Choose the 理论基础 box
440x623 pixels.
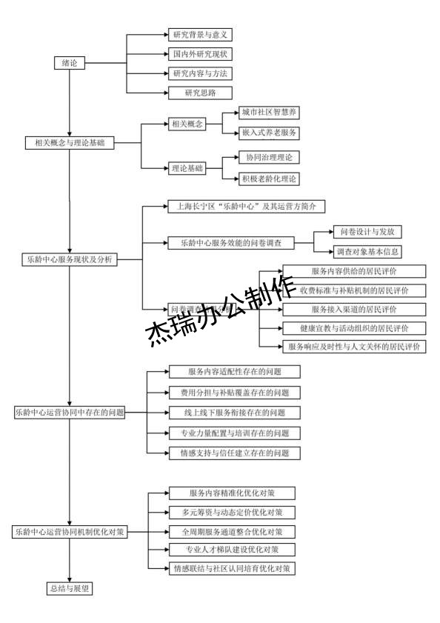(186, 168)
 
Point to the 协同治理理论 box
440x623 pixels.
(269, 158)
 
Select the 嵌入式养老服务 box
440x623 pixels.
(269, 133)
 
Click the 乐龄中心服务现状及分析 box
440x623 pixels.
(69, 260)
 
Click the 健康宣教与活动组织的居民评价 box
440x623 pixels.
(353, 327)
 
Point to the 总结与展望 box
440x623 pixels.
(70, 588)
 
